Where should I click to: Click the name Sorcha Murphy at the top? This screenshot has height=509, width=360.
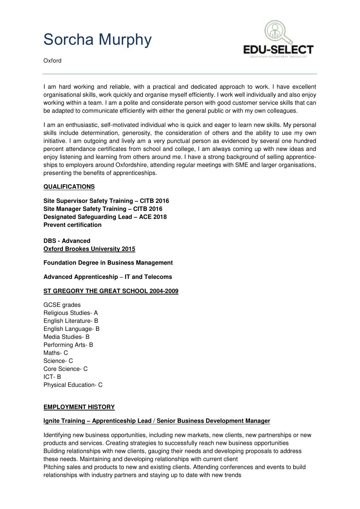tap(97, 39)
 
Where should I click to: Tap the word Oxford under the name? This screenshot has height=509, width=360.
tap(52, 61)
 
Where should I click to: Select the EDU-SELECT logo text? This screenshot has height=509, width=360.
tap(278, 50)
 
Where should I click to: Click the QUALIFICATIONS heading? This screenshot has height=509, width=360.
tap(69, 187)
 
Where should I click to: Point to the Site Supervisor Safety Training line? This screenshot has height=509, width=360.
tap(106, 201)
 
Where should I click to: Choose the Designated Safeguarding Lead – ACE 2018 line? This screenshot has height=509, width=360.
tap(105, 217)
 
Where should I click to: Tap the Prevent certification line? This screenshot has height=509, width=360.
tap(72, 225)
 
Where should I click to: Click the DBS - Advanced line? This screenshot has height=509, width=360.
tap(67, 241)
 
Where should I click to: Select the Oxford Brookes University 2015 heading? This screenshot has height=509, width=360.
tap(89, 249)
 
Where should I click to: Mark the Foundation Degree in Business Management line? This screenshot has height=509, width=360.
tap(108, 263)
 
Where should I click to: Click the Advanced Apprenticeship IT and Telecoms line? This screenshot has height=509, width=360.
tap(108, 277)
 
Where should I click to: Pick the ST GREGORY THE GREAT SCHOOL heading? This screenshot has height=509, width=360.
tap(111, 291)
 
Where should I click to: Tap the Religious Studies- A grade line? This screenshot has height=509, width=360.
tap(71, 313)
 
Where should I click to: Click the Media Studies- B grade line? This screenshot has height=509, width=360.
tap(67, 337)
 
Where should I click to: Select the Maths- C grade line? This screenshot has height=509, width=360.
tap(56, 353)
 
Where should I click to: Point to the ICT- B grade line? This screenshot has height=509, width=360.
tap(52, 377)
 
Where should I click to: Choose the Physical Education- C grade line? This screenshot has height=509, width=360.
tap(73, 385)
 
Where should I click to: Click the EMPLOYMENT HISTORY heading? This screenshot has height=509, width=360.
tap(79, 407)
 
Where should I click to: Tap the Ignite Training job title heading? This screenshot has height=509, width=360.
tap(157, 421)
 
